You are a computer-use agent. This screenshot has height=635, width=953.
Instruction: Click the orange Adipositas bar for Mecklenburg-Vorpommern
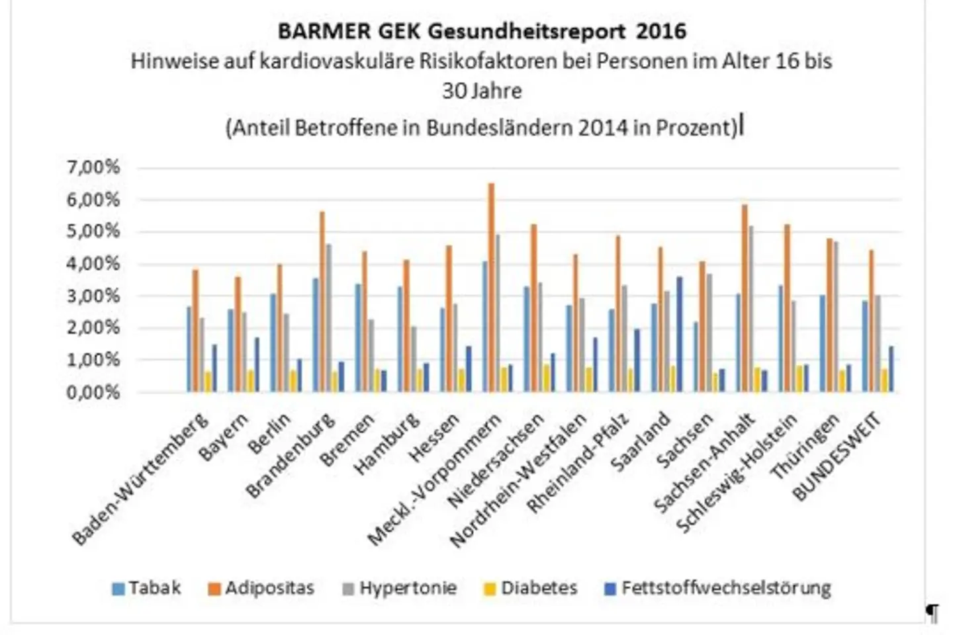491,288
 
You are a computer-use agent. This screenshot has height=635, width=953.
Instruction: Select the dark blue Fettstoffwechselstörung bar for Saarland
680,334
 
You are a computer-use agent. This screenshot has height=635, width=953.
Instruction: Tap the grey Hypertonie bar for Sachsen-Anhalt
750,309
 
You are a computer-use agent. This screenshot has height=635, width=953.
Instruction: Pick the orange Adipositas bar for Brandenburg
322,302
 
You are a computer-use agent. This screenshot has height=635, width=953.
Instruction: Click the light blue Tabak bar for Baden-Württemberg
189,349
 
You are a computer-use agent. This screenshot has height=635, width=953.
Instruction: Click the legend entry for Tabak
147,588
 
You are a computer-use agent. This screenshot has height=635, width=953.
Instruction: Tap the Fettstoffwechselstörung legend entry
718,588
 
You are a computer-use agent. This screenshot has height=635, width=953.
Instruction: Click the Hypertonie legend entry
400,588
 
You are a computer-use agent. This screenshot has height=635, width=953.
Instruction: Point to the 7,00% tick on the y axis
93,167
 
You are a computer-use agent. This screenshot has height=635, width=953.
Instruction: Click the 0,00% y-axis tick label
93,392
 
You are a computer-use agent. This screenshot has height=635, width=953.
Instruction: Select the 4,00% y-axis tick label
93,264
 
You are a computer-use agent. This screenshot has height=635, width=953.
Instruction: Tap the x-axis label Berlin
270,433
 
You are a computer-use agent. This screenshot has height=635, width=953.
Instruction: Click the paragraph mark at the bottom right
932,613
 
